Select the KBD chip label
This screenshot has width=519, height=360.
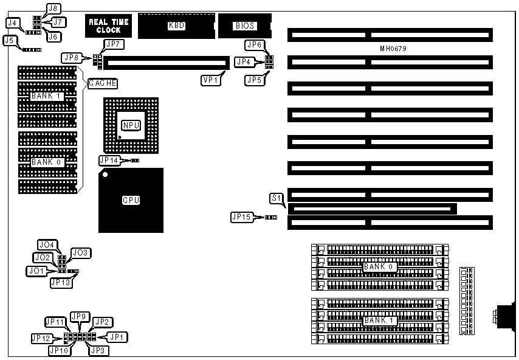point(176,26)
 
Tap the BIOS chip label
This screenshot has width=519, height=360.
point(244,26)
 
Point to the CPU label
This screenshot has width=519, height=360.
point(131,200)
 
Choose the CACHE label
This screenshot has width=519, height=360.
point(102,83)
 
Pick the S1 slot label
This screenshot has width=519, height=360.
point(277,198)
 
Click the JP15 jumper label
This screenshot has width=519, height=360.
point(241,216)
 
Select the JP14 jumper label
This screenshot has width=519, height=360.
point(109,161)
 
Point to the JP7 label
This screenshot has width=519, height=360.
point(114,44)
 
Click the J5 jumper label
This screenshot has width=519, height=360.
point(9,41)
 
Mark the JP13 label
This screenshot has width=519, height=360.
point(60,282)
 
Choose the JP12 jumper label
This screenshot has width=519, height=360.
point(41,337)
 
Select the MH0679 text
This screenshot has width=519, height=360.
point(392,48)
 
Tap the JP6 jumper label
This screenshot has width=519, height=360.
point(254,44)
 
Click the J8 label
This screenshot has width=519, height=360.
point(53,9)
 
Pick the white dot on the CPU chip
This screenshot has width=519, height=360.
point(106,176)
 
